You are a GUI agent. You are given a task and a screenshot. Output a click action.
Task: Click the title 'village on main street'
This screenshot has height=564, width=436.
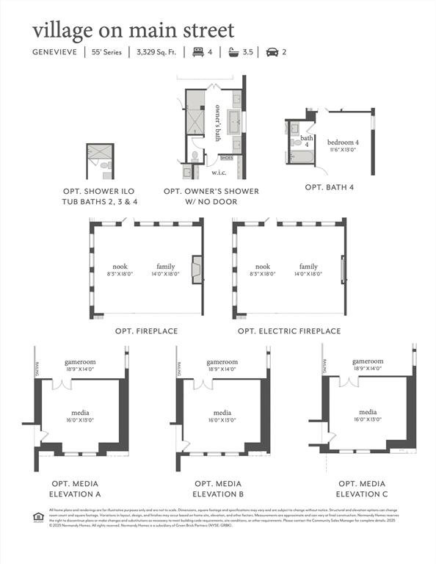[x=133, y=30]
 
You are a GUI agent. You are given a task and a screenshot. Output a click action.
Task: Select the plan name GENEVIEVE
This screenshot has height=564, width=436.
[x=57, y=52]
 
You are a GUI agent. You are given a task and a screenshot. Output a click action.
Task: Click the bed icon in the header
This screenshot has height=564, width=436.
[x=197, y=52]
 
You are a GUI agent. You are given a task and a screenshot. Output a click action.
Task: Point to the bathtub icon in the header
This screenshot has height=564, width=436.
[x=235, y=52]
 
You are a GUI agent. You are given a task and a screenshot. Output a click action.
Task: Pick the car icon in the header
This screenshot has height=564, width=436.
[x=272, y=52]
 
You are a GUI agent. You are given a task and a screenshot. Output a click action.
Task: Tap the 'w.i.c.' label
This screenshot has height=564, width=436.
[x=219, y=173]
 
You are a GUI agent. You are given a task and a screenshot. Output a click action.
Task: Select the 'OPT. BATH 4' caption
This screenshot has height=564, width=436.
[x=330, y=187]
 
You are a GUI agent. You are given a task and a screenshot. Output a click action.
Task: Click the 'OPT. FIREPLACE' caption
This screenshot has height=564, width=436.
[x=146, y=331]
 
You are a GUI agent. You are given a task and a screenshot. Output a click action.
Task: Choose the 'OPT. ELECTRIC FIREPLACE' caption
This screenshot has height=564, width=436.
[x=289, y=331]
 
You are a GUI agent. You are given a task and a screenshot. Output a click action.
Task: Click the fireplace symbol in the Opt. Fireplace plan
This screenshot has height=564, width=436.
[x=197, y=270]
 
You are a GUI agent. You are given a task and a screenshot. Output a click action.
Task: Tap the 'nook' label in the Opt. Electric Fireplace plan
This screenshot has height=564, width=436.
[x=262, y=267]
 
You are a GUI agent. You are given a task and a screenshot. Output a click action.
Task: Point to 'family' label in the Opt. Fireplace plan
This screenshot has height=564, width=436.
[x=166, y=267]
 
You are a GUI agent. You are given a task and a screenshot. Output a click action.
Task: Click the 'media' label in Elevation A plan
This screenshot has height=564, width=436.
[x=81, y=413]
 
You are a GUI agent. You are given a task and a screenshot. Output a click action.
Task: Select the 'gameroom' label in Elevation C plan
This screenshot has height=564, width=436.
[x=368, y=361]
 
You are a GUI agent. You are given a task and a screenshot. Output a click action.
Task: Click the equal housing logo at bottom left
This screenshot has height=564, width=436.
[x=39, y=514]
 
